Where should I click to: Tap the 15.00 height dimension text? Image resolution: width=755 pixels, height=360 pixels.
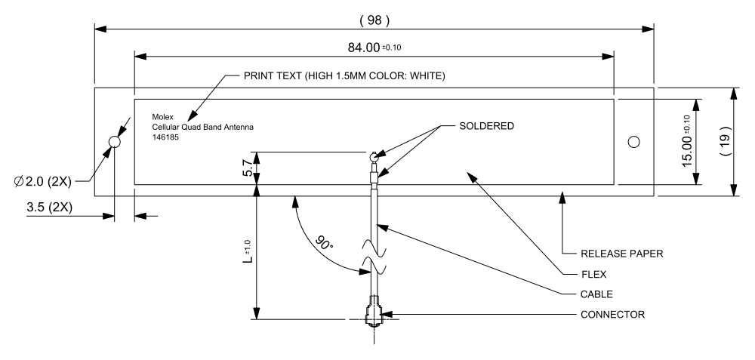(686, 141)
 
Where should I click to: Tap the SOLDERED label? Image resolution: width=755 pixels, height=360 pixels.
(486, 127)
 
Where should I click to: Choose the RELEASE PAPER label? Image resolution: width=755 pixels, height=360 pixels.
(621, 254)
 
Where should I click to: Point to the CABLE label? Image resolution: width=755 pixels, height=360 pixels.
(596, 294)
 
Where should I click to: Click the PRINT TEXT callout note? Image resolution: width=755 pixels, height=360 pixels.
(344, 76)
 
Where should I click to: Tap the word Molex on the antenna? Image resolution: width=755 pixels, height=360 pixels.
(164, 117)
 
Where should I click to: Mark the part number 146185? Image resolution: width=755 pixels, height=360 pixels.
(166, 137)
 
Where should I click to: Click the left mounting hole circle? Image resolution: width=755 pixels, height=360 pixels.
(115, 142)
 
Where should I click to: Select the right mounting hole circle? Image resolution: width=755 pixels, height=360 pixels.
(634, 142)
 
